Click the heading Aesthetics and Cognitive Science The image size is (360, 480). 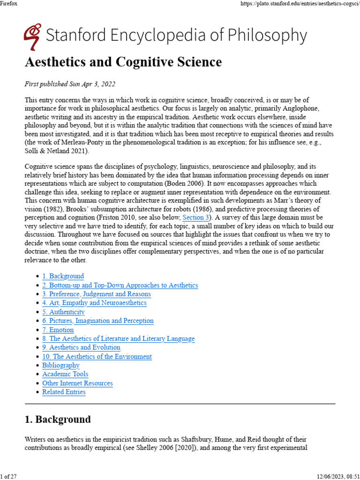[x=123, y=62]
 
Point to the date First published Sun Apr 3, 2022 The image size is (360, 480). [x=70, y=84]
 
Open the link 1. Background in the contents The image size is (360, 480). [x=63, y=276]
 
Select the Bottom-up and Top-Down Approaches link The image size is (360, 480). [x=120, y=285]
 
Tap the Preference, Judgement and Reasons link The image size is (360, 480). [x=97, y=294]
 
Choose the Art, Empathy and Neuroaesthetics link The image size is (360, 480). [x=94, y=303]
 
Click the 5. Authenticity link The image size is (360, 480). [x=63, y=312]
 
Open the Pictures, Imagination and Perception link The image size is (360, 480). [x=98, y=321]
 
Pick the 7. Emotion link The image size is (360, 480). [x=58, y=330]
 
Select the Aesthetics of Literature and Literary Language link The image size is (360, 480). [x=118, y=338]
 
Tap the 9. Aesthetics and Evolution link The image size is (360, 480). [x=81, y=347]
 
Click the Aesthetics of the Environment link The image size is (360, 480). [x=97, y=356]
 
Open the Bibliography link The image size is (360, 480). [x=61, y=365]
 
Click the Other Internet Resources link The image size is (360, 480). [x=77, y=383]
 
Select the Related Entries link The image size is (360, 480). [x=64, y=392]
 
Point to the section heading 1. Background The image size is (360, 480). [x=58, y=419]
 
